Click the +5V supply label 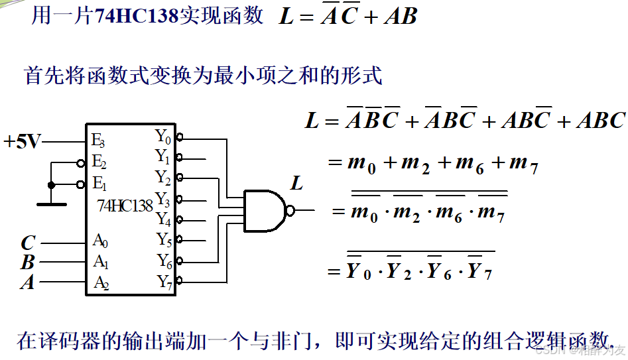click(22, 141)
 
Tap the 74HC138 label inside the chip click(125, 205)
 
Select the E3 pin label click(98, 140)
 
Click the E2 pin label click(99, 162)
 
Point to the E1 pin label click(99, 183)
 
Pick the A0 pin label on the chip click(100, 241)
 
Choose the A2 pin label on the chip click(100, 282)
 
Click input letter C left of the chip click(28, 243)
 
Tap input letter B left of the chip click(27, 263)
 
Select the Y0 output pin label click(163, 137)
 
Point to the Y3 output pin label click(163, 199)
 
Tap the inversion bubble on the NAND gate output click(290, 211)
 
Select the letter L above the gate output click(296, 183)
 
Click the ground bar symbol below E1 click(51, 204)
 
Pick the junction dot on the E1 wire click(51, 184)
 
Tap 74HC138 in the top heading click(137, 16)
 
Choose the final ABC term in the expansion click(599, 120)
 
